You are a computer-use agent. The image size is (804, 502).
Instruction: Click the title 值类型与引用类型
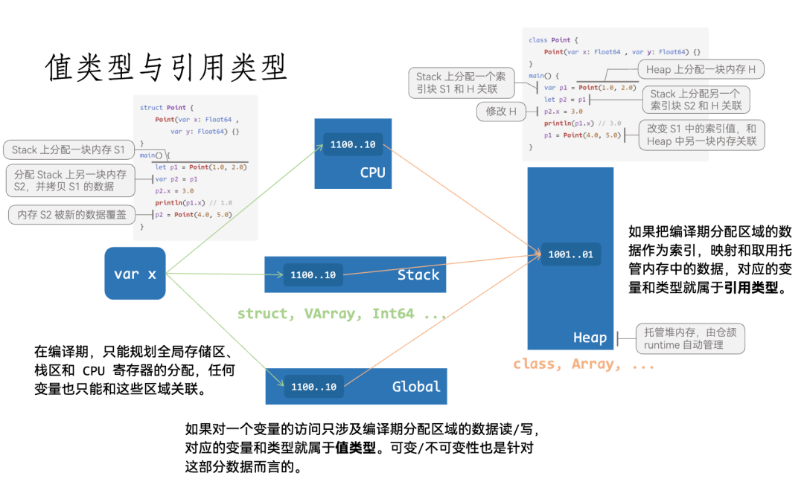[166, 68]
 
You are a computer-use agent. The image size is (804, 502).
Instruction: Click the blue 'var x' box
[135, 274]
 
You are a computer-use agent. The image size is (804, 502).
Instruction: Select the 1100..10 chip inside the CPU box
[353, 144]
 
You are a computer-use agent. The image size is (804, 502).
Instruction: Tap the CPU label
[372, 173]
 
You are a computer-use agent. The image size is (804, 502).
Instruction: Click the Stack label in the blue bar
[418, 275]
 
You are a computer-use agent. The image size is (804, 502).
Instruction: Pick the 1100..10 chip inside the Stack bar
[313, 275]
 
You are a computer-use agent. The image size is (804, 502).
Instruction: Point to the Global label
[416, 387]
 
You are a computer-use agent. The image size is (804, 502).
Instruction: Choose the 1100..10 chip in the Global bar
[313, 387]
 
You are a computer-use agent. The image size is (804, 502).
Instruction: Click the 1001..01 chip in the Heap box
[570, 254]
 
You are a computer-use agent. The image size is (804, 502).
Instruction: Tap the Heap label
[590, 338]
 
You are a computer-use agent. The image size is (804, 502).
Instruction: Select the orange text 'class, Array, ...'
[584, 364]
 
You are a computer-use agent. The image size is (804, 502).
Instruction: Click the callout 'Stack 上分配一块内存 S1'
[68, 149]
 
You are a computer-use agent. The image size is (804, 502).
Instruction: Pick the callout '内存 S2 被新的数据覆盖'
[72, 214]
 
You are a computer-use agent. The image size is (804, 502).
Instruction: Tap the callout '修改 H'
[501, 112]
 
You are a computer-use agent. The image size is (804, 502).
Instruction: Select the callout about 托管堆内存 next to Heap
[689, 338]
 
